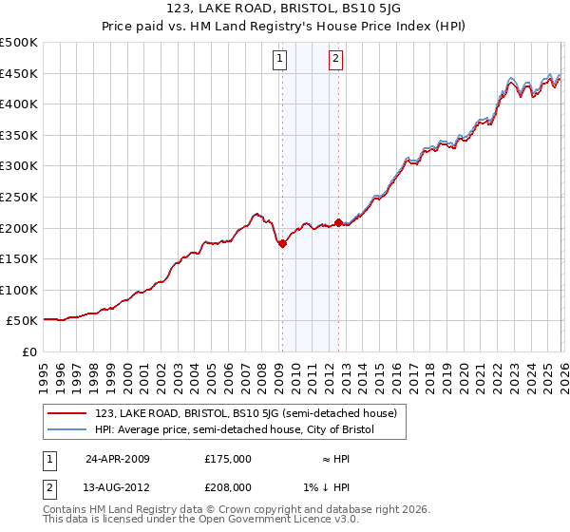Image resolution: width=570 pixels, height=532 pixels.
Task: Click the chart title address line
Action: tap(285, 10)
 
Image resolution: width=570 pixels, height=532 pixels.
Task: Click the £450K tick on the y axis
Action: tap(19, 73)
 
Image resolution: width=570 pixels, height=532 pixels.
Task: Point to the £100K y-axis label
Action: tap(19, 290)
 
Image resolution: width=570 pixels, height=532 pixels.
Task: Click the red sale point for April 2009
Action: tap(282, 243)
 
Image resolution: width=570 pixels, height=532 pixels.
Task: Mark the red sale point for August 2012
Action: tap(338, 222)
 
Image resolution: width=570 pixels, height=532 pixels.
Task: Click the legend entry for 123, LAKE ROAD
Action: tap(252, 413)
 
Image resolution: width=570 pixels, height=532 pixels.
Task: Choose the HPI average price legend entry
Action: tap(235, 430)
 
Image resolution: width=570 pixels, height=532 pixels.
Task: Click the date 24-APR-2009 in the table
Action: tap(118, 458)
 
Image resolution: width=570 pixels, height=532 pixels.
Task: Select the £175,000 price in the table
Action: tap(228, 458)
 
